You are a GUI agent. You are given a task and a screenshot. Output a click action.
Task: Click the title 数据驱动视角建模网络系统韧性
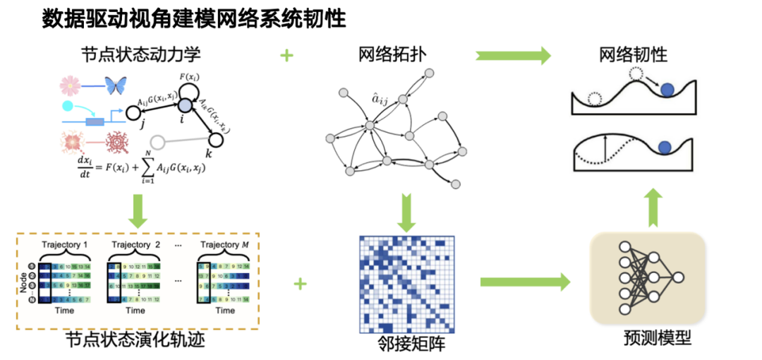[x=194, y=19]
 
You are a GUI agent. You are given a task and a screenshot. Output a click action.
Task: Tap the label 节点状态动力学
[x=135, y=54]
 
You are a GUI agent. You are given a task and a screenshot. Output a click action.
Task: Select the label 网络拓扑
[x=392, y=54]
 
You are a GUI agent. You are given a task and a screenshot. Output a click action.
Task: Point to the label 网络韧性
[x=633, y=54]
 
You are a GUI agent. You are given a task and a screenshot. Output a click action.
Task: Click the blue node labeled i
[x=184, y=104]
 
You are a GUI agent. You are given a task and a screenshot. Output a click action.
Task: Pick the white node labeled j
[x=131, y=112]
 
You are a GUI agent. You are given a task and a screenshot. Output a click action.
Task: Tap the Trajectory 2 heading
[x=135, y=244]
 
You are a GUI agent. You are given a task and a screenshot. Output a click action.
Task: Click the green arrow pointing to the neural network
[x=525, y=283]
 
